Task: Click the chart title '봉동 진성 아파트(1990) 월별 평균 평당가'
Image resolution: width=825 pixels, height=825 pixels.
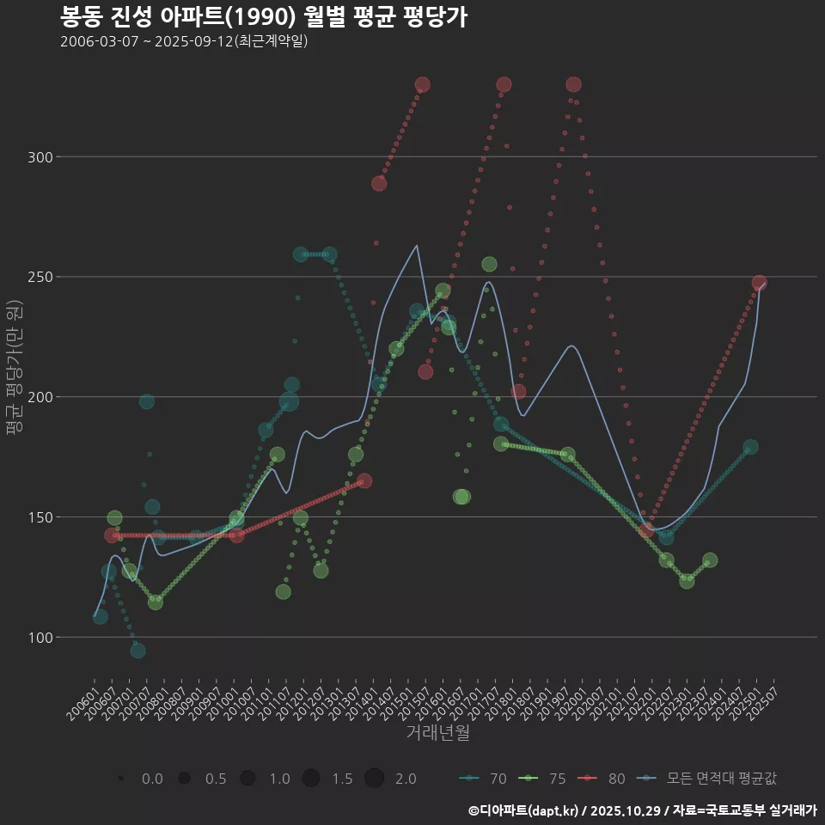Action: [264, 17]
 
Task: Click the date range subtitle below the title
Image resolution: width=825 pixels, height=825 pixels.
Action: [184, 42]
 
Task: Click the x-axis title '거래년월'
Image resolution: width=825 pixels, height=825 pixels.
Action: [437, 733]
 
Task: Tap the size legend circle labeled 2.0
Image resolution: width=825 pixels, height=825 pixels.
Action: [374, 779]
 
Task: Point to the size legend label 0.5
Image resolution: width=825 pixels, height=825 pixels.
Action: [216, 779]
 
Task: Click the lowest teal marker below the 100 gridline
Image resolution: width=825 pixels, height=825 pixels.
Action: [137, 651]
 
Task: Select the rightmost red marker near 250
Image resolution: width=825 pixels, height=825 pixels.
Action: [760, 283]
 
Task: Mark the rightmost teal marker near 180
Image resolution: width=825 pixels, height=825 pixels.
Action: [750, 448]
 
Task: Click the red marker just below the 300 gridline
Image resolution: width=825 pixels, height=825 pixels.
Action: [379, 183]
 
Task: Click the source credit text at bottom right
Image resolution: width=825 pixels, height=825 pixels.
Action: [642, 810]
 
